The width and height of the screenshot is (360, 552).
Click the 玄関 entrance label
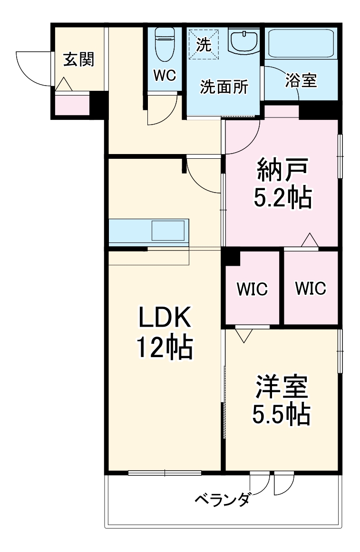point(79,59)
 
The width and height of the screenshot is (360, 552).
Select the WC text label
point(164,75)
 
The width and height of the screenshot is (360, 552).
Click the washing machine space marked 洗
point(203,44)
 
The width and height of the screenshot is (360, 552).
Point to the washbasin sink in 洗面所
point(243,41)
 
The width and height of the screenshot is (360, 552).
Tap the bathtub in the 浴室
point(301,44)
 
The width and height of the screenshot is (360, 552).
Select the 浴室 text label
point(301,80)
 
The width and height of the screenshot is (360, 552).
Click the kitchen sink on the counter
point(168,231)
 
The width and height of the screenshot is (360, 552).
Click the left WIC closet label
point(252,289)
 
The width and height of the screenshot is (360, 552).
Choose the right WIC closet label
point(311,288)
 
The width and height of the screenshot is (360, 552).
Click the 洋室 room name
point(282,387)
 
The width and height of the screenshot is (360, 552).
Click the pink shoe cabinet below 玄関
point(72,105)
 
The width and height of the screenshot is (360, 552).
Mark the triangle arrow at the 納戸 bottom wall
point(310,240)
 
